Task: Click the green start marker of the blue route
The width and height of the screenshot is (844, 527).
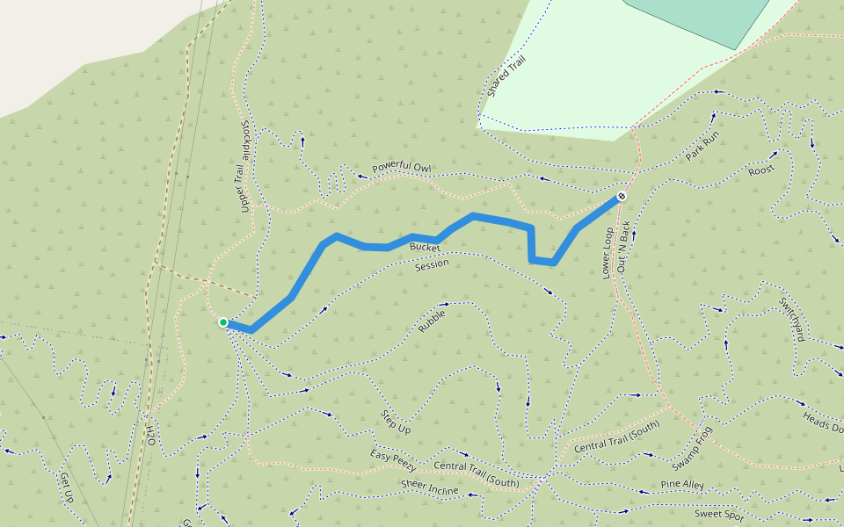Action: [x=223, y=322]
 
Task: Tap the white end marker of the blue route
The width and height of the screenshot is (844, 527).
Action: [x=621, y=196]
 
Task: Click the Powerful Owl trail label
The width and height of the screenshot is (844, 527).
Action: [x=401, y=167]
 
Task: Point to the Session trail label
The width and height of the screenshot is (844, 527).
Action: [x=432, y=263]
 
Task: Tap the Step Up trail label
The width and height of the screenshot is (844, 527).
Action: [x=396, y=422]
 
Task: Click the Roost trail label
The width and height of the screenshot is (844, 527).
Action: [x=761, y=170]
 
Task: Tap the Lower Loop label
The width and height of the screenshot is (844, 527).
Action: [x=608, y=253]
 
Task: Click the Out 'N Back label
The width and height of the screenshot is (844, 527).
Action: [x=625, y=245]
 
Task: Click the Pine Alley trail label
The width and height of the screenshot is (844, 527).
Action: [x=682, y=485]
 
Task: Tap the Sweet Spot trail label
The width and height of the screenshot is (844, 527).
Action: [x=719, y=514]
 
